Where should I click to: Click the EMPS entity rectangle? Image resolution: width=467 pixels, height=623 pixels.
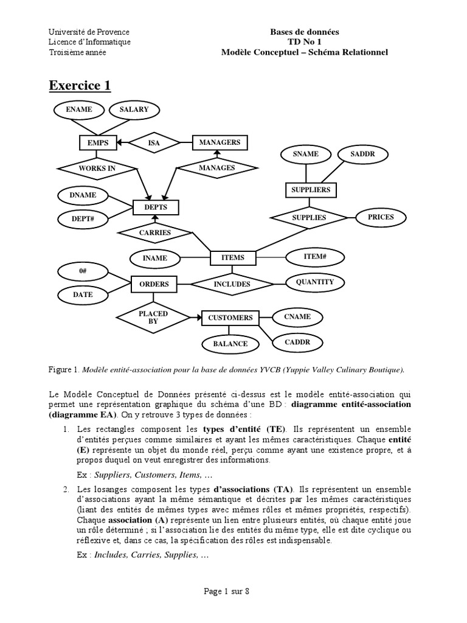[98, 143]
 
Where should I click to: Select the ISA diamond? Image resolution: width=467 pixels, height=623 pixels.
[154, 143]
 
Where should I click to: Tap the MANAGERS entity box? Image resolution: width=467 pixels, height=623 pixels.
[220, 143]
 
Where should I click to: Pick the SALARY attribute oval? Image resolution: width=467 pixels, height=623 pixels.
[134, 110]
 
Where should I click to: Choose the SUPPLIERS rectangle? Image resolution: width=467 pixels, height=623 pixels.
[310, 190]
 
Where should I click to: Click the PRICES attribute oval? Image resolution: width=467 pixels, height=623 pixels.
[381, 217]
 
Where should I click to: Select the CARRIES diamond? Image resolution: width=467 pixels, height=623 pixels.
[155, 232]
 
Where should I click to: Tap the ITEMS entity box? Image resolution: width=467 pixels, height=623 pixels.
[233, 258]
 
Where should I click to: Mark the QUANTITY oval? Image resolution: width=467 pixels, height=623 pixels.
[314, 282]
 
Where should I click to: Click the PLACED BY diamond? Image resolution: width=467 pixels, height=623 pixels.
[153, 317]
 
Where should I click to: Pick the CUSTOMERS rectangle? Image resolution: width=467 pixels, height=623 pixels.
[230, 318]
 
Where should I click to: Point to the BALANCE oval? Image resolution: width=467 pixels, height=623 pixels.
[230, 344]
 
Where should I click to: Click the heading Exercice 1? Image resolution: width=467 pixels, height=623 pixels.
[80, 86]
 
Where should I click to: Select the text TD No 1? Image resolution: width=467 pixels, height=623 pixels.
[305, 42]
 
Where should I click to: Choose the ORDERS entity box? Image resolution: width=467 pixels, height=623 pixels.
[154, 284]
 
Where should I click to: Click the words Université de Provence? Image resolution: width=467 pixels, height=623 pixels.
[89, 32]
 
